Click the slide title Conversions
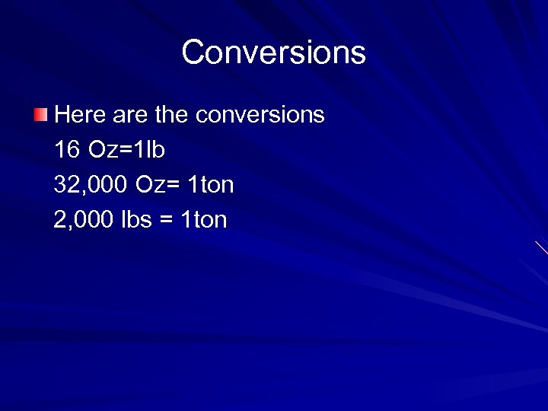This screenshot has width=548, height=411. [x=274, y=53]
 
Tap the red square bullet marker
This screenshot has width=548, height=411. [x=40, y=115]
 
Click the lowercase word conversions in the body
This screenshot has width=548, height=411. [x=260, y=115]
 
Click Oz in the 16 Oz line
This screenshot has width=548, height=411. [x=103, y=150]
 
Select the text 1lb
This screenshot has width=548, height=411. [x=149, y=150]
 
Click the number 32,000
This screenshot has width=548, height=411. [x=91, y=185]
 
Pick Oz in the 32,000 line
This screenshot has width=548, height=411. [x=150, y=185]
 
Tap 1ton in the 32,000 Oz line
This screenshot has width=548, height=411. [x=211, y=185]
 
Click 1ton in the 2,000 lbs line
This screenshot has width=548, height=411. [x=204, y=220]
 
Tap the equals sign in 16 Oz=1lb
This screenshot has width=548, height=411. [x=126, y=151]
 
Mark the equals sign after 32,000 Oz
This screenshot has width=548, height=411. [x=172, y=186]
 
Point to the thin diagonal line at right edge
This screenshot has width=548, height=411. [x=541, y=247]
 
